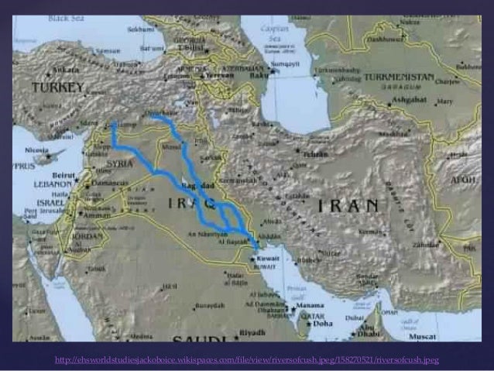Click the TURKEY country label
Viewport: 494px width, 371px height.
[x=57, y=88]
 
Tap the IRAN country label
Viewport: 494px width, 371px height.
[x=348, y=205]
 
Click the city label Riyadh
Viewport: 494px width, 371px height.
[x=252, y=332]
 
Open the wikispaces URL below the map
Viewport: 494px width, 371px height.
[x=247, y=360]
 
